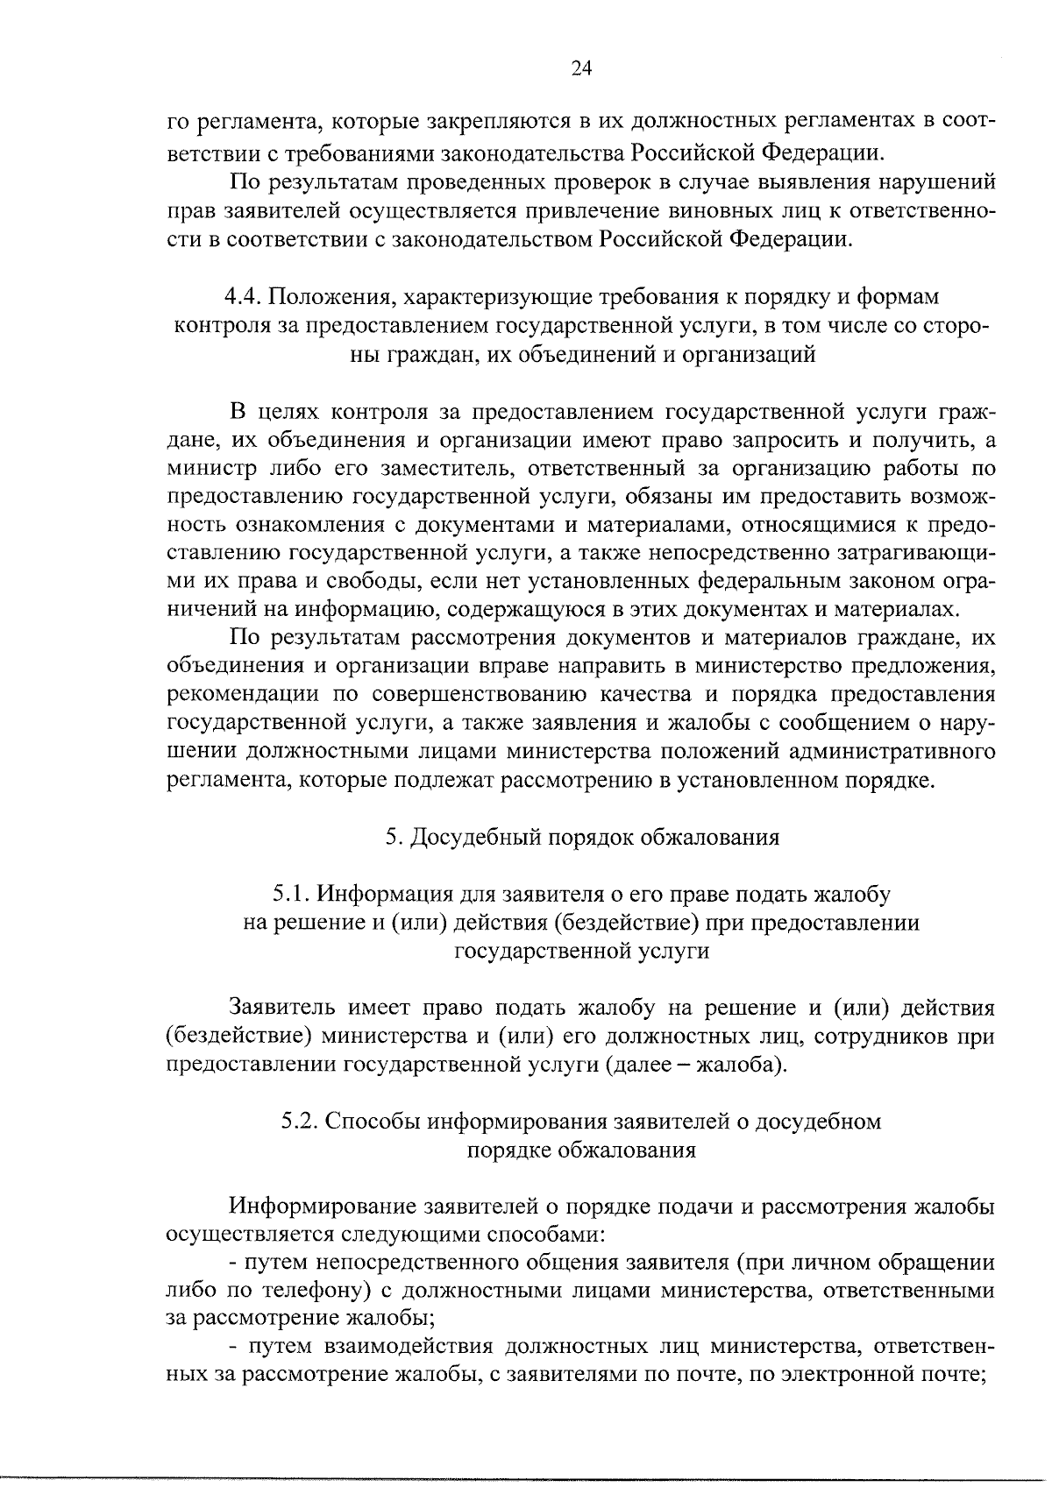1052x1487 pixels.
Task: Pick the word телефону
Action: (x=288, y=1290)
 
